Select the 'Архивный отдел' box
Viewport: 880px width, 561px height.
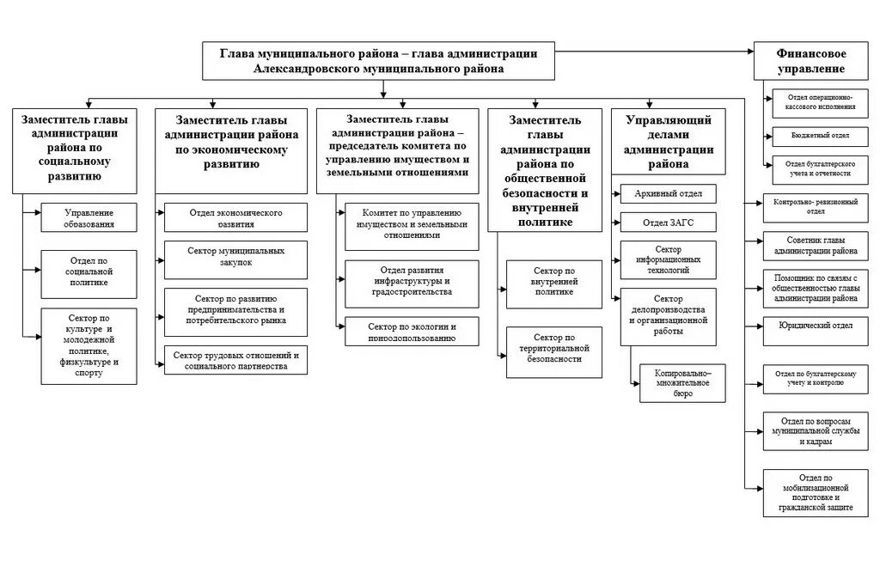[668, 193]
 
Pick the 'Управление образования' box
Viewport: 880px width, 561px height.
[89, 218]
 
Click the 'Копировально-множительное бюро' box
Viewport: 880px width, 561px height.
[682, 383]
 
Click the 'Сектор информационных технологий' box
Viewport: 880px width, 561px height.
[668, 259]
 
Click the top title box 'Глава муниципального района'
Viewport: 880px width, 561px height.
[379, 60]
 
